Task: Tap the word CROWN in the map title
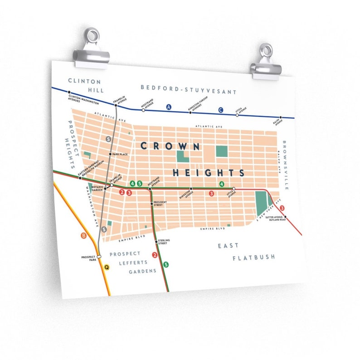click(x=170, y=146)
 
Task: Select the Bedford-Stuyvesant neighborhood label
click(x=189, y=89)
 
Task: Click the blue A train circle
click(x=170, y=107)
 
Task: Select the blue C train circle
click(x=221, y=110)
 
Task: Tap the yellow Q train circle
click(x=107, y=268)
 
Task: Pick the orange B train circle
click(x=83, y=236)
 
